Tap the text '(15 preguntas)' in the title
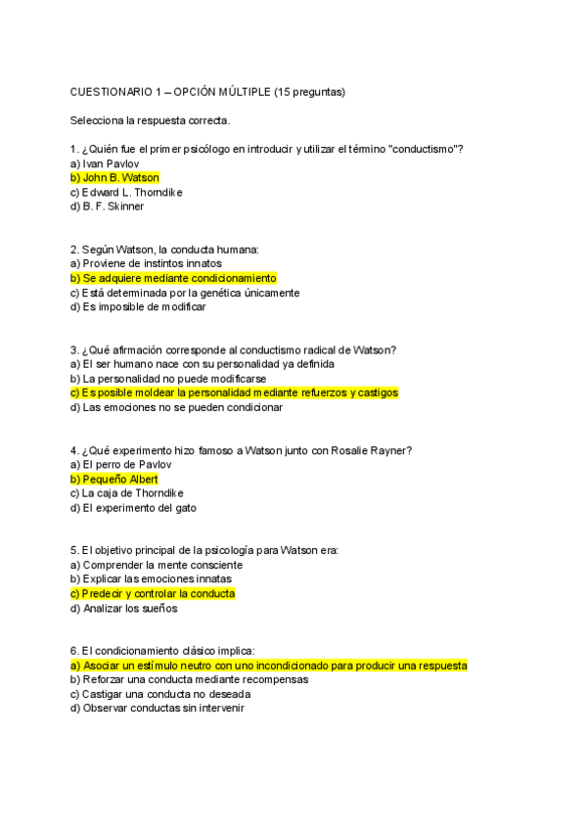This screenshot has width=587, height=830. point(310,92)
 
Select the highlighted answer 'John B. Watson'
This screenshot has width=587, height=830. point(114,178)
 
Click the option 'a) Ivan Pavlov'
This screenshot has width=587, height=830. point(105,163)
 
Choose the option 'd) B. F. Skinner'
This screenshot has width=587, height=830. point(108,207)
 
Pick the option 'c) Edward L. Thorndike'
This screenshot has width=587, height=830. point(126,193)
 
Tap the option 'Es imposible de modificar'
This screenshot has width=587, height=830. point(145,306)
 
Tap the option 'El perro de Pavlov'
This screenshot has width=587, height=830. point(120,465)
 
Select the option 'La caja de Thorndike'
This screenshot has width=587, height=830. point(127,493)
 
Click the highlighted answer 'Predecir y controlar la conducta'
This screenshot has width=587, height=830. point(153,594)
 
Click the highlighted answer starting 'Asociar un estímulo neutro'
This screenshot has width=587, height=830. point(268,666)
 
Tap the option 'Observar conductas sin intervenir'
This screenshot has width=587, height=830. point(157,708)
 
